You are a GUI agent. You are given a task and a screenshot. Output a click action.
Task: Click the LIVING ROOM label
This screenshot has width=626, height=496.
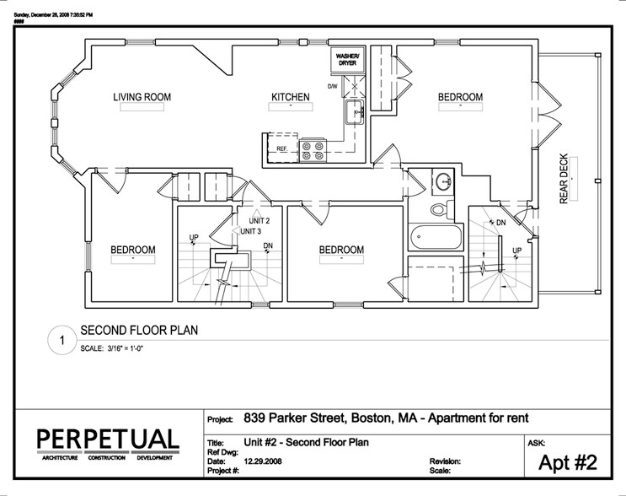tap(142, 98)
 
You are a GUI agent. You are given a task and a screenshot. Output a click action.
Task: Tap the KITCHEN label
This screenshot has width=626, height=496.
tap(290, 98)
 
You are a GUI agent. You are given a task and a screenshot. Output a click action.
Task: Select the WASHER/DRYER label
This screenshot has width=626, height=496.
tap(348, 59)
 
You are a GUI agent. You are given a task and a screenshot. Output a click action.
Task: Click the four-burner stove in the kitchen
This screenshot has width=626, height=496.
tap(313, 149)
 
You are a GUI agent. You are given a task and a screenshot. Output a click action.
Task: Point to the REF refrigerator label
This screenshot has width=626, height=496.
tap(282, 148)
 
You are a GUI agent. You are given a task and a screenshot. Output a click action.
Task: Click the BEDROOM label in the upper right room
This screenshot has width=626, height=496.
tap(460, 98)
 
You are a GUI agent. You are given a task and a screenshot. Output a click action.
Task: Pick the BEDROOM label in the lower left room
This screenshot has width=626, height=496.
tap(133, 250)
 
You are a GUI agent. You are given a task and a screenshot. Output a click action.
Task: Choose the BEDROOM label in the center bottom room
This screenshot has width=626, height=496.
tap(340, 250)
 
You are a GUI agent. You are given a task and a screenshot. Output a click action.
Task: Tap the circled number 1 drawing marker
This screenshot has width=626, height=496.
tap(61, 341)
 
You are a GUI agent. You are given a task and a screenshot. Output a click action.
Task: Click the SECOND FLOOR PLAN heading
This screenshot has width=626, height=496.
tap(139, 331)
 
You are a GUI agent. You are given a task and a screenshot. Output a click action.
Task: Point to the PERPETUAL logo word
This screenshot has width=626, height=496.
tap(108, 439)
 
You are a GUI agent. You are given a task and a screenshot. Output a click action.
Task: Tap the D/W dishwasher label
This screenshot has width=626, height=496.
tap(333, 85)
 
